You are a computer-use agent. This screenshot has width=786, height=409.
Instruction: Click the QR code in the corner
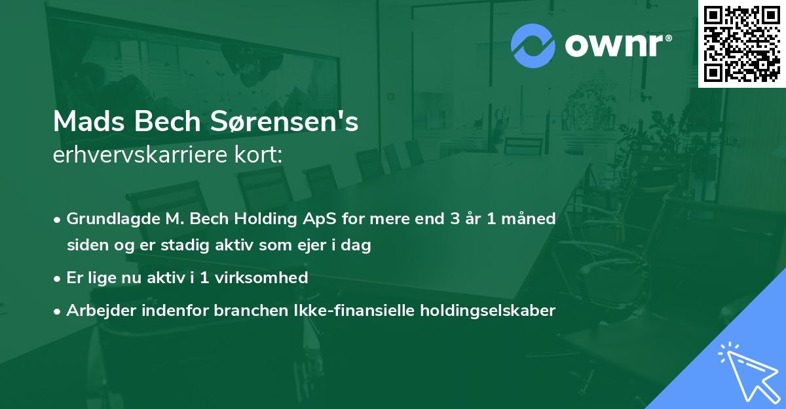pos(741,44)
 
